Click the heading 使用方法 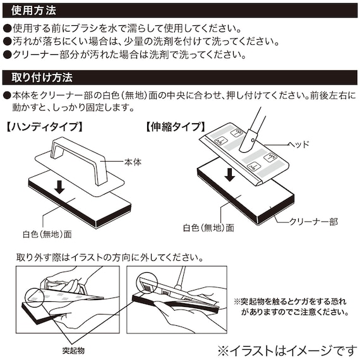33,10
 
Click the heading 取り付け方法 42,78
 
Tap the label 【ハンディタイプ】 44,127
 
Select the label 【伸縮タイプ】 176,127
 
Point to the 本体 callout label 133,162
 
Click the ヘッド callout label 299,145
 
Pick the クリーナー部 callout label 313,222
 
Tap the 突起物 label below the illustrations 73,351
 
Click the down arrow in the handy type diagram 59,187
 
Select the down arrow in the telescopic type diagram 230,175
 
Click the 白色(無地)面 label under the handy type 47,234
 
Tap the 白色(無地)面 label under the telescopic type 208,228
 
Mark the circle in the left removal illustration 35,297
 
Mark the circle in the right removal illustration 147,282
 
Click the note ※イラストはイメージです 287,351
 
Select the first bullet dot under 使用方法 7,28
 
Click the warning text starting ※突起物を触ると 291,306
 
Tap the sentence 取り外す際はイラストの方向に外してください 110,258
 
